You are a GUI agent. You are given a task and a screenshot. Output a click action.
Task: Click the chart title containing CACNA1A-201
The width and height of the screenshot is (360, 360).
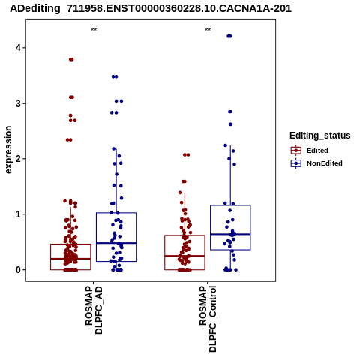tap(151, 8)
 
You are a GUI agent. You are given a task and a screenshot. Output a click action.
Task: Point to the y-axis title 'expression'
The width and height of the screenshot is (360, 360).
tap(8, 150)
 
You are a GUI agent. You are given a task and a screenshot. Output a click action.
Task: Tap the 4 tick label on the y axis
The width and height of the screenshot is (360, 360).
tap(18, 48)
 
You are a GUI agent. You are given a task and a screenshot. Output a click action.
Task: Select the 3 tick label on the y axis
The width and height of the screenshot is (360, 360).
tap(18, 103)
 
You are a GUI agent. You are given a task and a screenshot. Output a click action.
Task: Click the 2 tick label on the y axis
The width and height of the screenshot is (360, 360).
tap(18, 159)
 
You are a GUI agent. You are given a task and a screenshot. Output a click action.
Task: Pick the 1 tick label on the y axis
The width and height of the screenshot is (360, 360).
tap(18, 214)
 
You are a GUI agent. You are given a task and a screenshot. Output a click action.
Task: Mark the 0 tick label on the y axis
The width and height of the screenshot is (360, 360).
tap(18, 270)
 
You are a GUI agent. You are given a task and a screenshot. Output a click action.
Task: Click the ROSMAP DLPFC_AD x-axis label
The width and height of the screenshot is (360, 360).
tap(94, 310)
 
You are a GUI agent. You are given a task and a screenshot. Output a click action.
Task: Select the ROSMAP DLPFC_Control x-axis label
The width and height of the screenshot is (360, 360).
tap(208, 319)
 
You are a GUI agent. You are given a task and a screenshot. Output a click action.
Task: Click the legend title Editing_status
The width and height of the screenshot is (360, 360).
tap(320, 136)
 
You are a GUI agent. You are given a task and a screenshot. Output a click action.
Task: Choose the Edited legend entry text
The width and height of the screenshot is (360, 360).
tap(317, 151)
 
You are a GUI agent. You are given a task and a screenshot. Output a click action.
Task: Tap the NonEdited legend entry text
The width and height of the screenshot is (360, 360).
tap(325, 163)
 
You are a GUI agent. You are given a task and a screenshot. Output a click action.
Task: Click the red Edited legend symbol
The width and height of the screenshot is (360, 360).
tap(296, 151)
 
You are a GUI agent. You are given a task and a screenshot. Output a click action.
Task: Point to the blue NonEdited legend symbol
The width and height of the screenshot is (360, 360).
tap(296, 163)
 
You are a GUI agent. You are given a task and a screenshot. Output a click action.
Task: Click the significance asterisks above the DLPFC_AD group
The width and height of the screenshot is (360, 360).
tap(94, 30)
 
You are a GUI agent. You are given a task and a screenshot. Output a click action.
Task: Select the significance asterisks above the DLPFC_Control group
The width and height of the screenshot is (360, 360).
tap(208, 30)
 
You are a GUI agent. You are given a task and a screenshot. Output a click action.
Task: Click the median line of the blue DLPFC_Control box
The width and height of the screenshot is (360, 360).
tap(230, 234)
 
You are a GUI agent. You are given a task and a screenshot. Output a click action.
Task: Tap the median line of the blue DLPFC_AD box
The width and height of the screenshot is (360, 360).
tap(116, 243)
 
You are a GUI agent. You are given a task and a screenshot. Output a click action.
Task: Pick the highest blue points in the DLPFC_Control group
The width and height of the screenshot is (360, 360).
tap(229, 36)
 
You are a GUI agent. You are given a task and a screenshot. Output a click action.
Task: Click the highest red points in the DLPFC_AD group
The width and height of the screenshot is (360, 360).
tap(71, 59)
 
